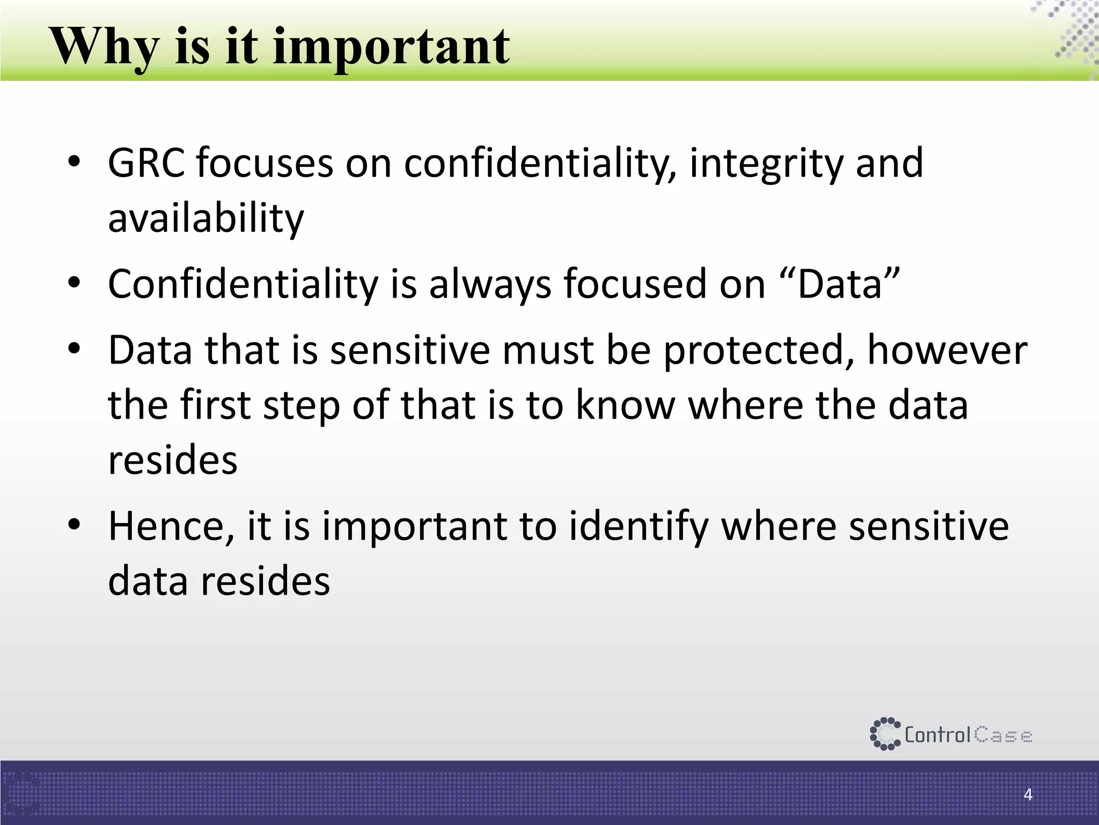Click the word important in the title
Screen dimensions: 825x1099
click(391, 47)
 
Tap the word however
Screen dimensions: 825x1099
click(947, 350)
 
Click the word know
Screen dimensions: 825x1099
click(625, 405)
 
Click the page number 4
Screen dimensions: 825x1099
click(1028, 794)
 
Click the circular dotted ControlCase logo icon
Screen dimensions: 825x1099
click(884, 734)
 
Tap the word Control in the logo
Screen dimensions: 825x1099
click(937, 735)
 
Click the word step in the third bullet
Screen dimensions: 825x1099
click(302, 405)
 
